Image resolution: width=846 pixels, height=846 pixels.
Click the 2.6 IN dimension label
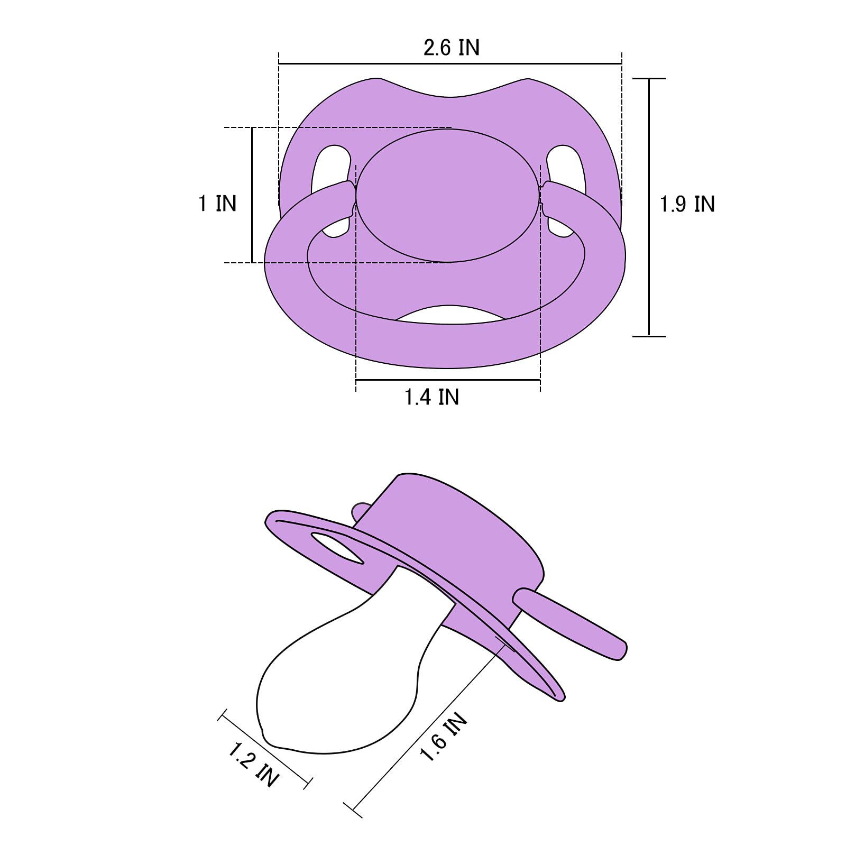(x=451, y=48)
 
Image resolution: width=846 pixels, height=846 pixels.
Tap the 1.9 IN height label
(x=687, y=205)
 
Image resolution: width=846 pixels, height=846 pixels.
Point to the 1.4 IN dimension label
(x=431, y=397)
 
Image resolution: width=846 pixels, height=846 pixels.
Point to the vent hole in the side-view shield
(x=337, y=548)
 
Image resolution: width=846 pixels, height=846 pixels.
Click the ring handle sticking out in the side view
(x=571, y=619)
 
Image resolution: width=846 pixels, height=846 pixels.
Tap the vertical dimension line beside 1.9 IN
(x=649, y=207)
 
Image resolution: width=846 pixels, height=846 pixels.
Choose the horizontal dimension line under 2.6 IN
(x=449, y=64)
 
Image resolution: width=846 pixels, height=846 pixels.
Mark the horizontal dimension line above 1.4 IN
(x=448, y=380)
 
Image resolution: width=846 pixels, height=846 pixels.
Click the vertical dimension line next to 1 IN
(x=252, y=195)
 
